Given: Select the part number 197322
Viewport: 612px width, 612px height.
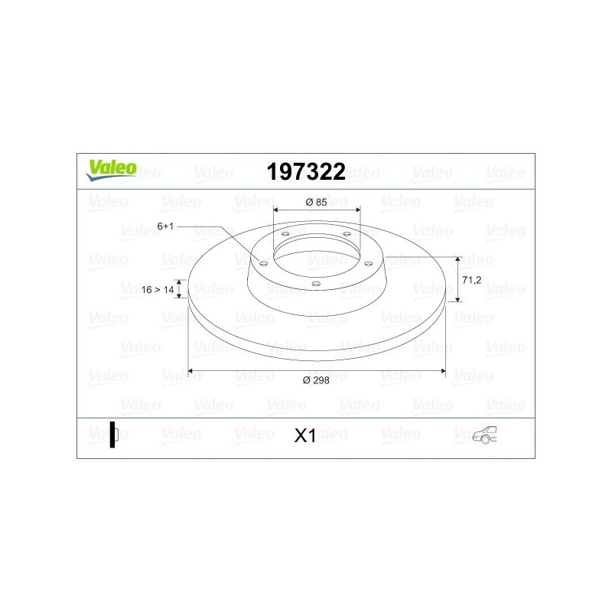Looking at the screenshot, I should tap(306, 172).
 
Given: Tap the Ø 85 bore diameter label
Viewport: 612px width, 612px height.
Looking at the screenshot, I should tap(317, 202).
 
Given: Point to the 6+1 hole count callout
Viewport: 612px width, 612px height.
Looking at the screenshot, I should tap(166, 226).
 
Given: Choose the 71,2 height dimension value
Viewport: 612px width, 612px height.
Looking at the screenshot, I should tap(472, 280).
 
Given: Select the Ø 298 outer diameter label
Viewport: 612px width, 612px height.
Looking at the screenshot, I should tap(317, 380).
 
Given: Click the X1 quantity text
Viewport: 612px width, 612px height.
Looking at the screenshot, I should tap(305, 436).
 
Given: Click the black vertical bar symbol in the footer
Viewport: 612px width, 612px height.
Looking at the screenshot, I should tap(112, 435).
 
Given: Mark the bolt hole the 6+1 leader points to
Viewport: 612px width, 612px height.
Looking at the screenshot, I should tap(264, 263).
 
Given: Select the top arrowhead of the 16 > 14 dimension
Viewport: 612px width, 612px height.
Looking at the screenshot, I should tap(181, 282).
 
